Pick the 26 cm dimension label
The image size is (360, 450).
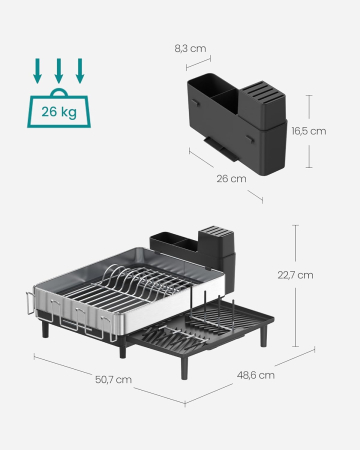pos(231,179)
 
